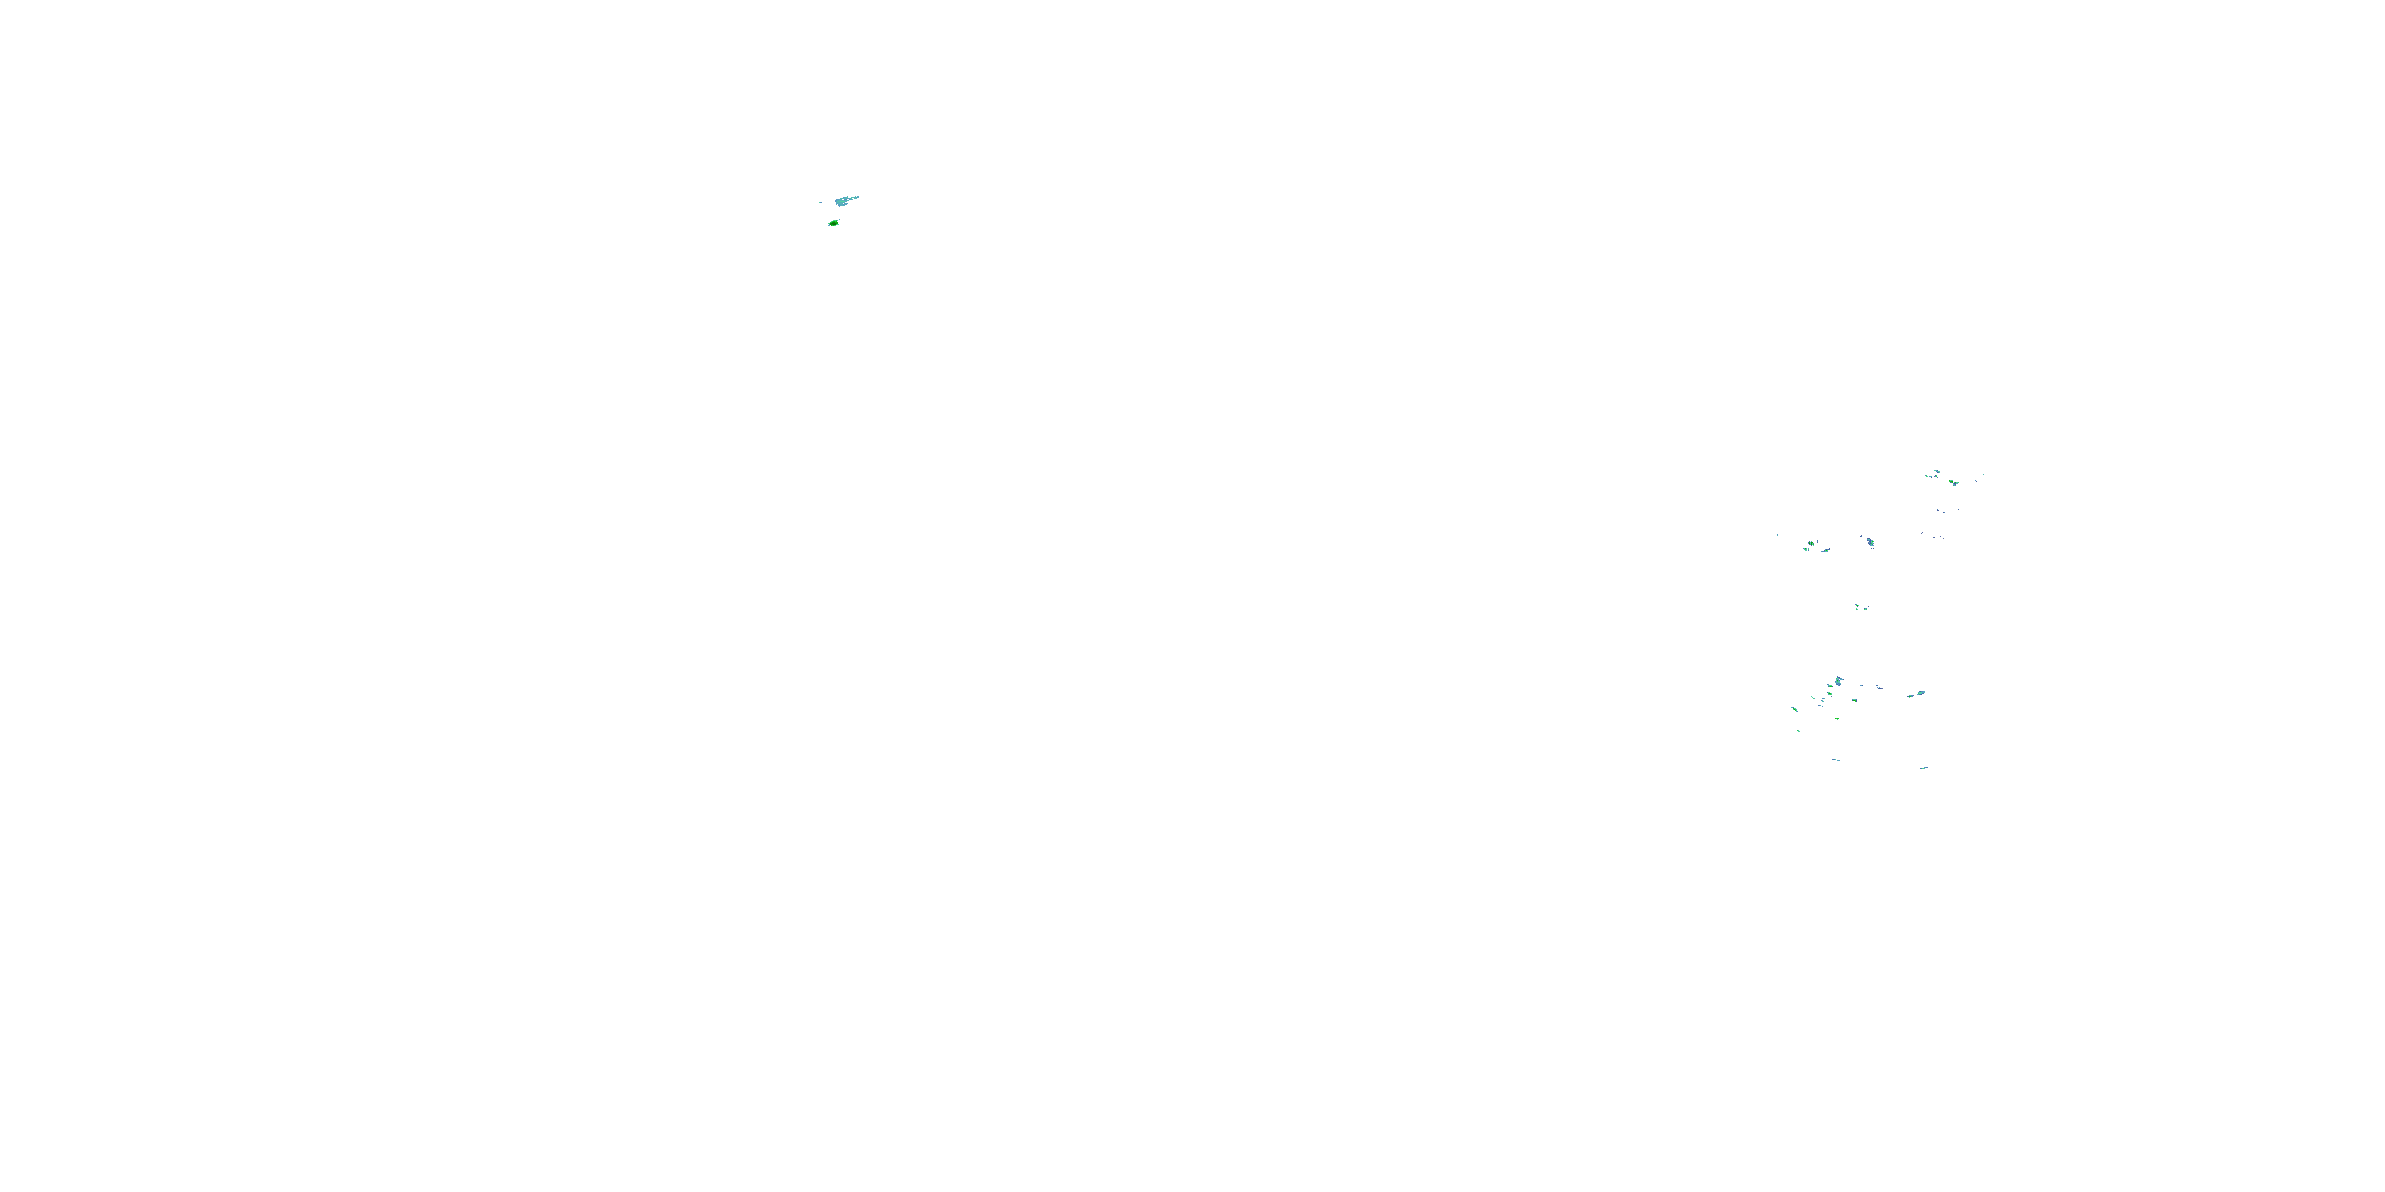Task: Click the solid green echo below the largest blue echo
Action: [x=833, y=223]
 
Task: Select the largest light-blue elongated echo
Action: [x=843, y=200]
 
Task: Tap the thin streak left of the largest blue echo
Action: [x=819, y=202]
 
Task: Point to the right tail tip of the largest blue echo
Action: [x=856, y=197]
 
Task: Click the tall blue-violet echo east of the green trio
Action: [x=1870, y=544]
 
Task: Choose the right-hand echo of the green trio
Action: [x=1826, y=550]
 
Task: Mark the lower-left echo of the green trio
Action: [x=1805, y=549]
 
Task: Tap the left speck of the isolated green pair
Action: [x=1856, y=606]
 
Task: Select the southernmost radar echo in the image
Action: [x=1924, y=767]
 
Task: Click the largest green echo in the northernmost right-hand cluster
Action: [x=1953, y=482]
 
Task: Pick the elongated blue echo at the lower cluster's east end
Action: [x=1918, y=693]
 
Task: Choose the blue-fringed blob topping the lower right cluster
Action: [x=1838, y=681]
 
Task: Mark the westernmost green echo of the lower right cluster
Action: [x=1794, y=709]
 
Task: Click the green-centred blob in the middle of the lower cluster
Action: [x=1829, y=693]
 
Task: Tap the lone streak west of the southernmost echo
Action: [x=1836, y=760]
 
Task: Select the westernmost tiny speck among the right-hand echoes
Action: [x=1778, y=535]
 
